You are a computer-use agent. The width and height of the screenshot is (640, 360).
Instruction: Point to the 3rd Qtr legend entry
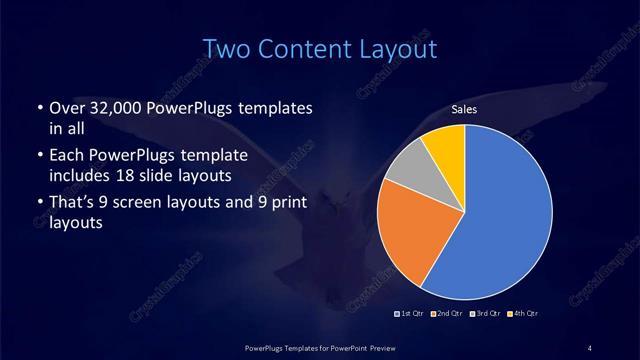[487, 314]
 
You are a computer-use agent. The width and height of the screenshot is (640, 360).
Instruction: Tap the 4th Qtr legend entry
[524, 314]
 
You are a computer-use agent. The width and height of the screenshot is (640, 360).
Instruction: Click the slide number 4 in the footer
[590, 347]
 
